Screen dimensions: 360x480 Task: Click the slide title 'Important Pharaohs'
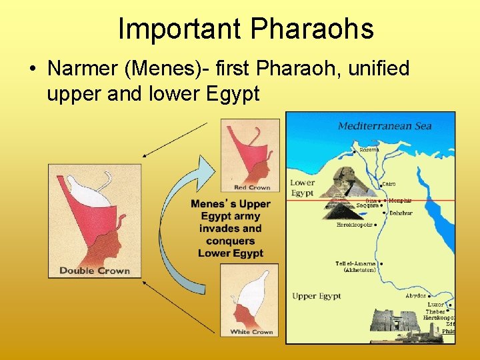coord(245,29)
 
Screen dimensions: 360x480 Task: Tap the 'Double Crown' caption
coord(95,270)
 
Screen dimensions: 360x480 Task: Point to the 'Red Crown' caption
coord(252,187)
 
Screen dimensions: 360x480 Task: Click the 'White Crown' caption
coord(251,331)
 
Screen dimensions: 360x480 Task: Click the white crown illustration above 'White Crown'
coord(250,296)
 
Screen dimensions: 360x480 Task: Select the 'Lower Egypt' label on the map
coord(302,187)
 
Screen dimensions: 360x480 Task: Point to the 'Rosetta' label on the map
coord(369,149)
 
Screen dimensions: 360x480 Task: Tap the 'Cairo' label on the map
coord(389,184)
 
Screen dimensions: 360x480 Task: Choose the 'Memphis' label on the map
coord(400,200)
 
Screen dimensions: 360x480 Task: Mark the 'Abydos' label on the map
coord(415,295)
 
